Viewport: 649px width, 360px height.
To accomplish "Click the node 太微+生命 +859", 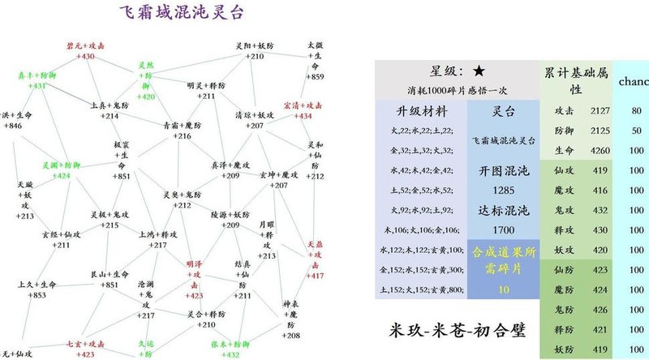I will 316,60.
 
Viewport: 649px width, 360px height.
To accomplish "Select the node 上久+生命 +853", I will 37,289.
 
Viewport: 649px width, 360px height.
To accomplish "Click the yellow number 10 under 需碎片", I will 504,289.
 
